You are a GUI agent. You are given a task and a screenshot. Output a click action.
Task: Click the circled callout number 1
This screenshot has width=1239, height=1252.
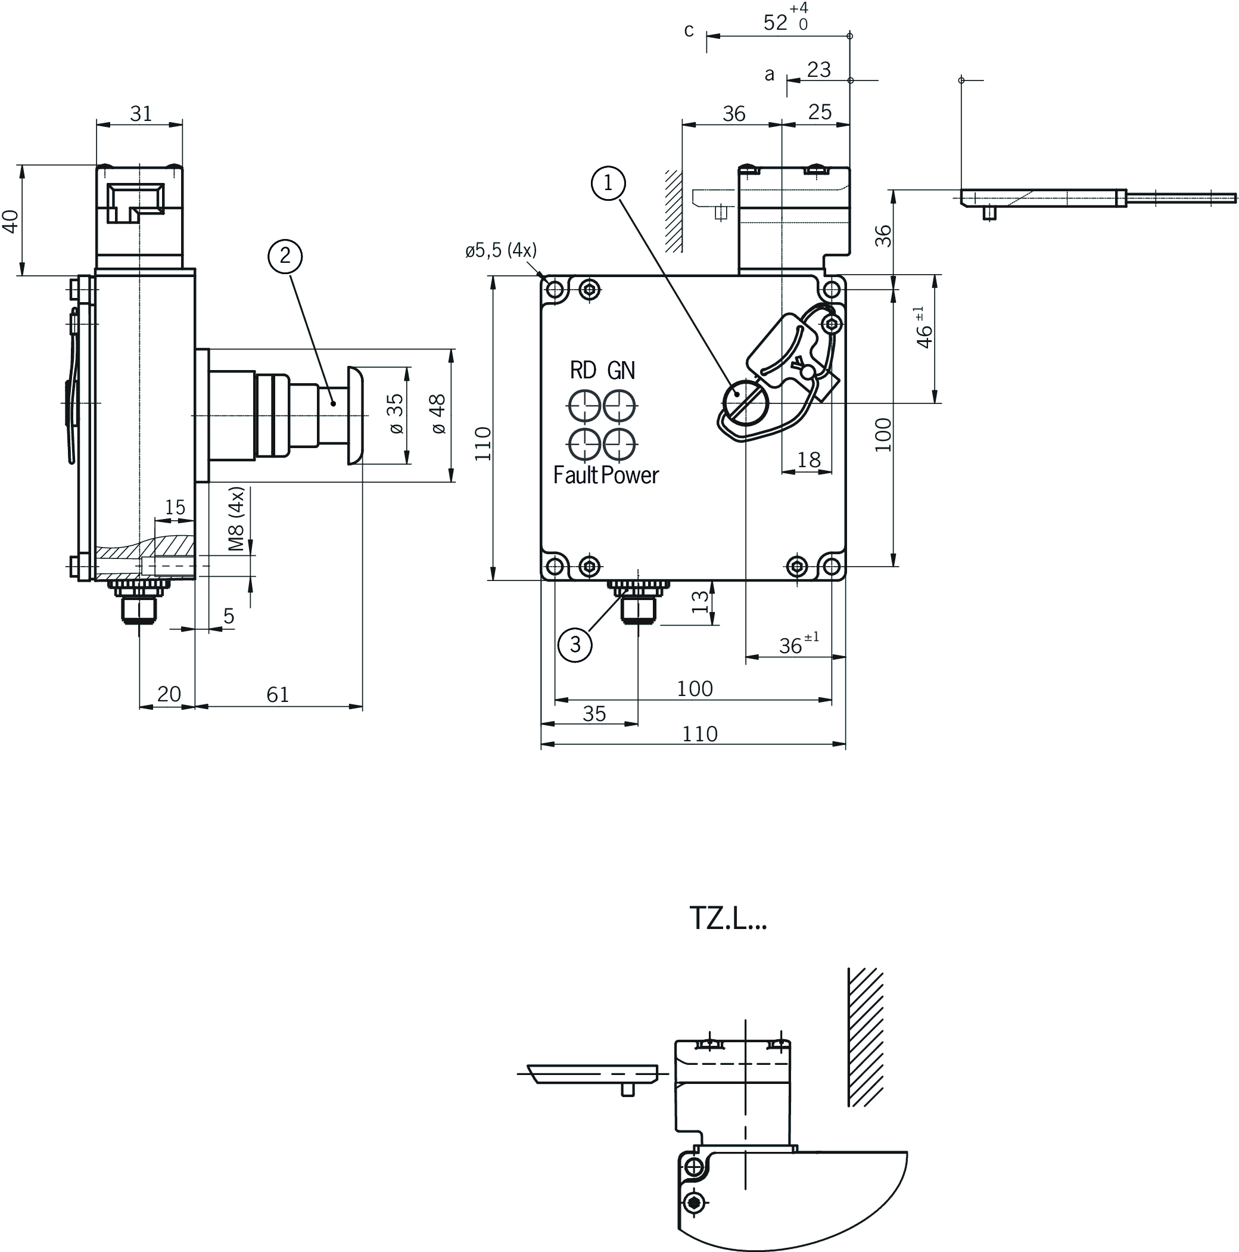(x=608, y=184)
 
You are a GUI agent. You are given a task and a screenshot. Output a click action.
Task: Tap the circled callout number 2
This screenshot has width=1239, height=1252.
(x=285, y=256)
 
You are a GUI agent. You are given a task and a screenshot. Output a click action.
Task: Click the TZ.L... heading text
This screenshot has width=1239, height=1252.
(x=728, y=918)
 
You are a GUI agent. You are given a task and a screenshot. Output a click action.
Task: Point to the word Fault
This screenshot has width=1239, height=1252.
(x=576, y=475)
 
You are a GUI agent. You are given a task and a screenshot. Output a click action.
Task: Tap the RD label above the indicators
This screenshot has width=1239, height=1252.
(x=583, y=370)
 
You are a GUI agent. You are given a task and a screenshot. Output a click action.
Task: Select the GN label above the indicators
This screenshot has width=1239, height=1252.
(x=621, y=370)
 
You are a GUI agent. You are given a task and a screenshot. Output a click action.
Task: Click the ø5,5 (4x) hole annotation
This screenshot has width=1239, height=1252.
(x=500, y=250)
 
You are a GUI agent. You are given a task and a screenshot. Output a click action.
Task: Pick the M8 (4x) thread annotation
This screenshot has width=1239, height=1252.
(x=236, y=518)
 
